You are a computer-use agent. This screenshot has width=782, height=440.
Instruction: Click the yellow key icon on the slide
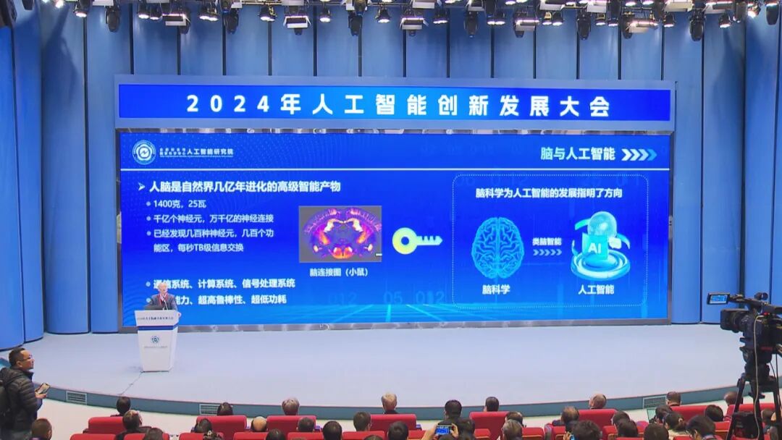coord(416,240)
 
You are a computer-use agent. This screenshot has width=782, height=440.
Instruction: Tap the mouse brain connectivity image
coord(340,234)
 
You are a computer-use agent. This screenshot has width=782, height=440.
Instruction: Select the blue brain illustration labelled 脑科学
coord(497,248)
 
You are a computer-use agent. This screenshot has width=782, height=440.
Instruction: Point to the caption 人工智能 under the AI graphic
coord(597,289)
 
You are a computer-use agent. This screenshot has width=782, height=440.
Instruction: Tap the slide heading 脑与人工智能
coord(578,154)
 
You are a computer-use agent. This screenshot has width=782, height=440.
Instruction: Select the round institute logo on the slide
coord(143,152)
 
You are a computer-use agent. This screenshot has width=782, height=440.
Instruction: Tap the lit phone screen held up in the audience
coord(443,430)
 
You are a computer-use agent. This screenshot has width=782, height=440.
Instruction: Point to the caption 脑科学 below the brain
coord(496,289)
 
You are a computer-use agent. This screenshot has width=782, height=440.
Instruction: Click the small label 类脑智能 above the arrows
coord(547,242)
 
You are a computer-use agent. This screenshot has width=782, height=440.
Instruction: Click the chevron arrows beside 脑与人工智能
coord(639,154)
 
